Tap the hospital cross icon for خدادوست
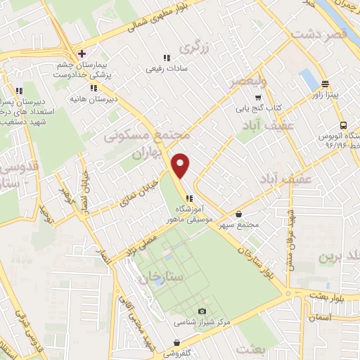click(82, 53)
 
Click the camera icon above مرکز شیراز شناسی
click(202, 311)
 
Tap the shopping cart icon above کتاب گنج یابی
click(258, 98)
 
